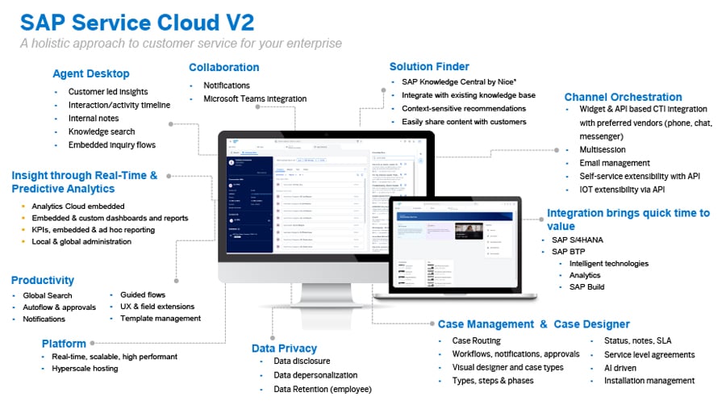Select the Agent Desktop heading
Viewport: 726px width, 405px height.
tap(90, 73)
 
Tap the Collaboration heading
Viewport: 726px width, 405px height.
tap(223, 67)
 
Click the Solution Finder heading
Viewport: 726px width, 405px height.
tap(429, 66)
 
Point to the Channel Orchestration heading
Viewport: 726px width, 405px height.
tap(623, 97)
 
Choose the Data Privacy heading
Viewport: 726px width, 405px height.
tap(284, 348)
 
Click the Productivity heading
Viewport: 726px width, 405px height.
tap(42, 280)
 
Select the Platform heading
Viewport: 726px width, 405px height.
tap(64, 343)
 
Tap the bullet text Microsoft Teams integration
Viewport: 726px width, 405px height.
tap(255, 98)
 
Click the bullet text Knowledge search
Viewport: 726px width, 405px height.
tap(102, 132)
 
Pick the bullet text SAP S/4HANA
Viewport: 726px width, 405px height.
tap(578, 239)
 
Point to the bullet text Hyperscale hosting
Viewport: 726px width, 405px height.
tap(85, 369)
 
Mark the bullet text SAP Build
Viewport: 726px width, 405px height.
tap(586, 286)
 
